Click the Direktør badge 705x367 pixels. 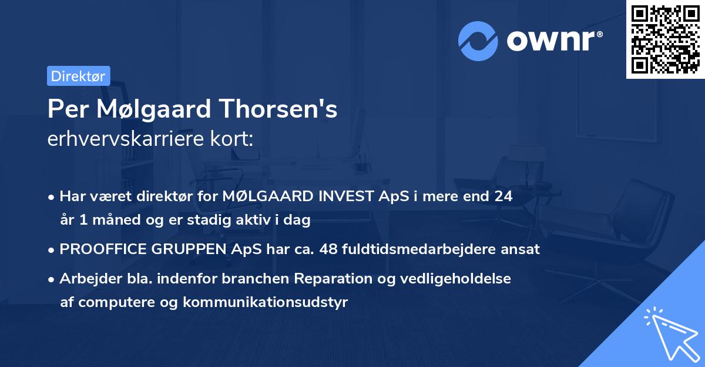click(x=78, y=76)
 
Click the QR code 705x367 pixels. click(x=665, y=39)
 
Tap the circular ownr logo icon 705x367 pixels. click(x=478, y=41)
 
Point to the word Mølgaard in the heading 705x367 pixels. click(x=152, y=109)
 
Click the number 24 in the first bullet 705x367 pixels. click(x=503, y=196)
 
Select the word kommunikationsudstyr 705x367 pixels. click(x=266, y=302)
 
